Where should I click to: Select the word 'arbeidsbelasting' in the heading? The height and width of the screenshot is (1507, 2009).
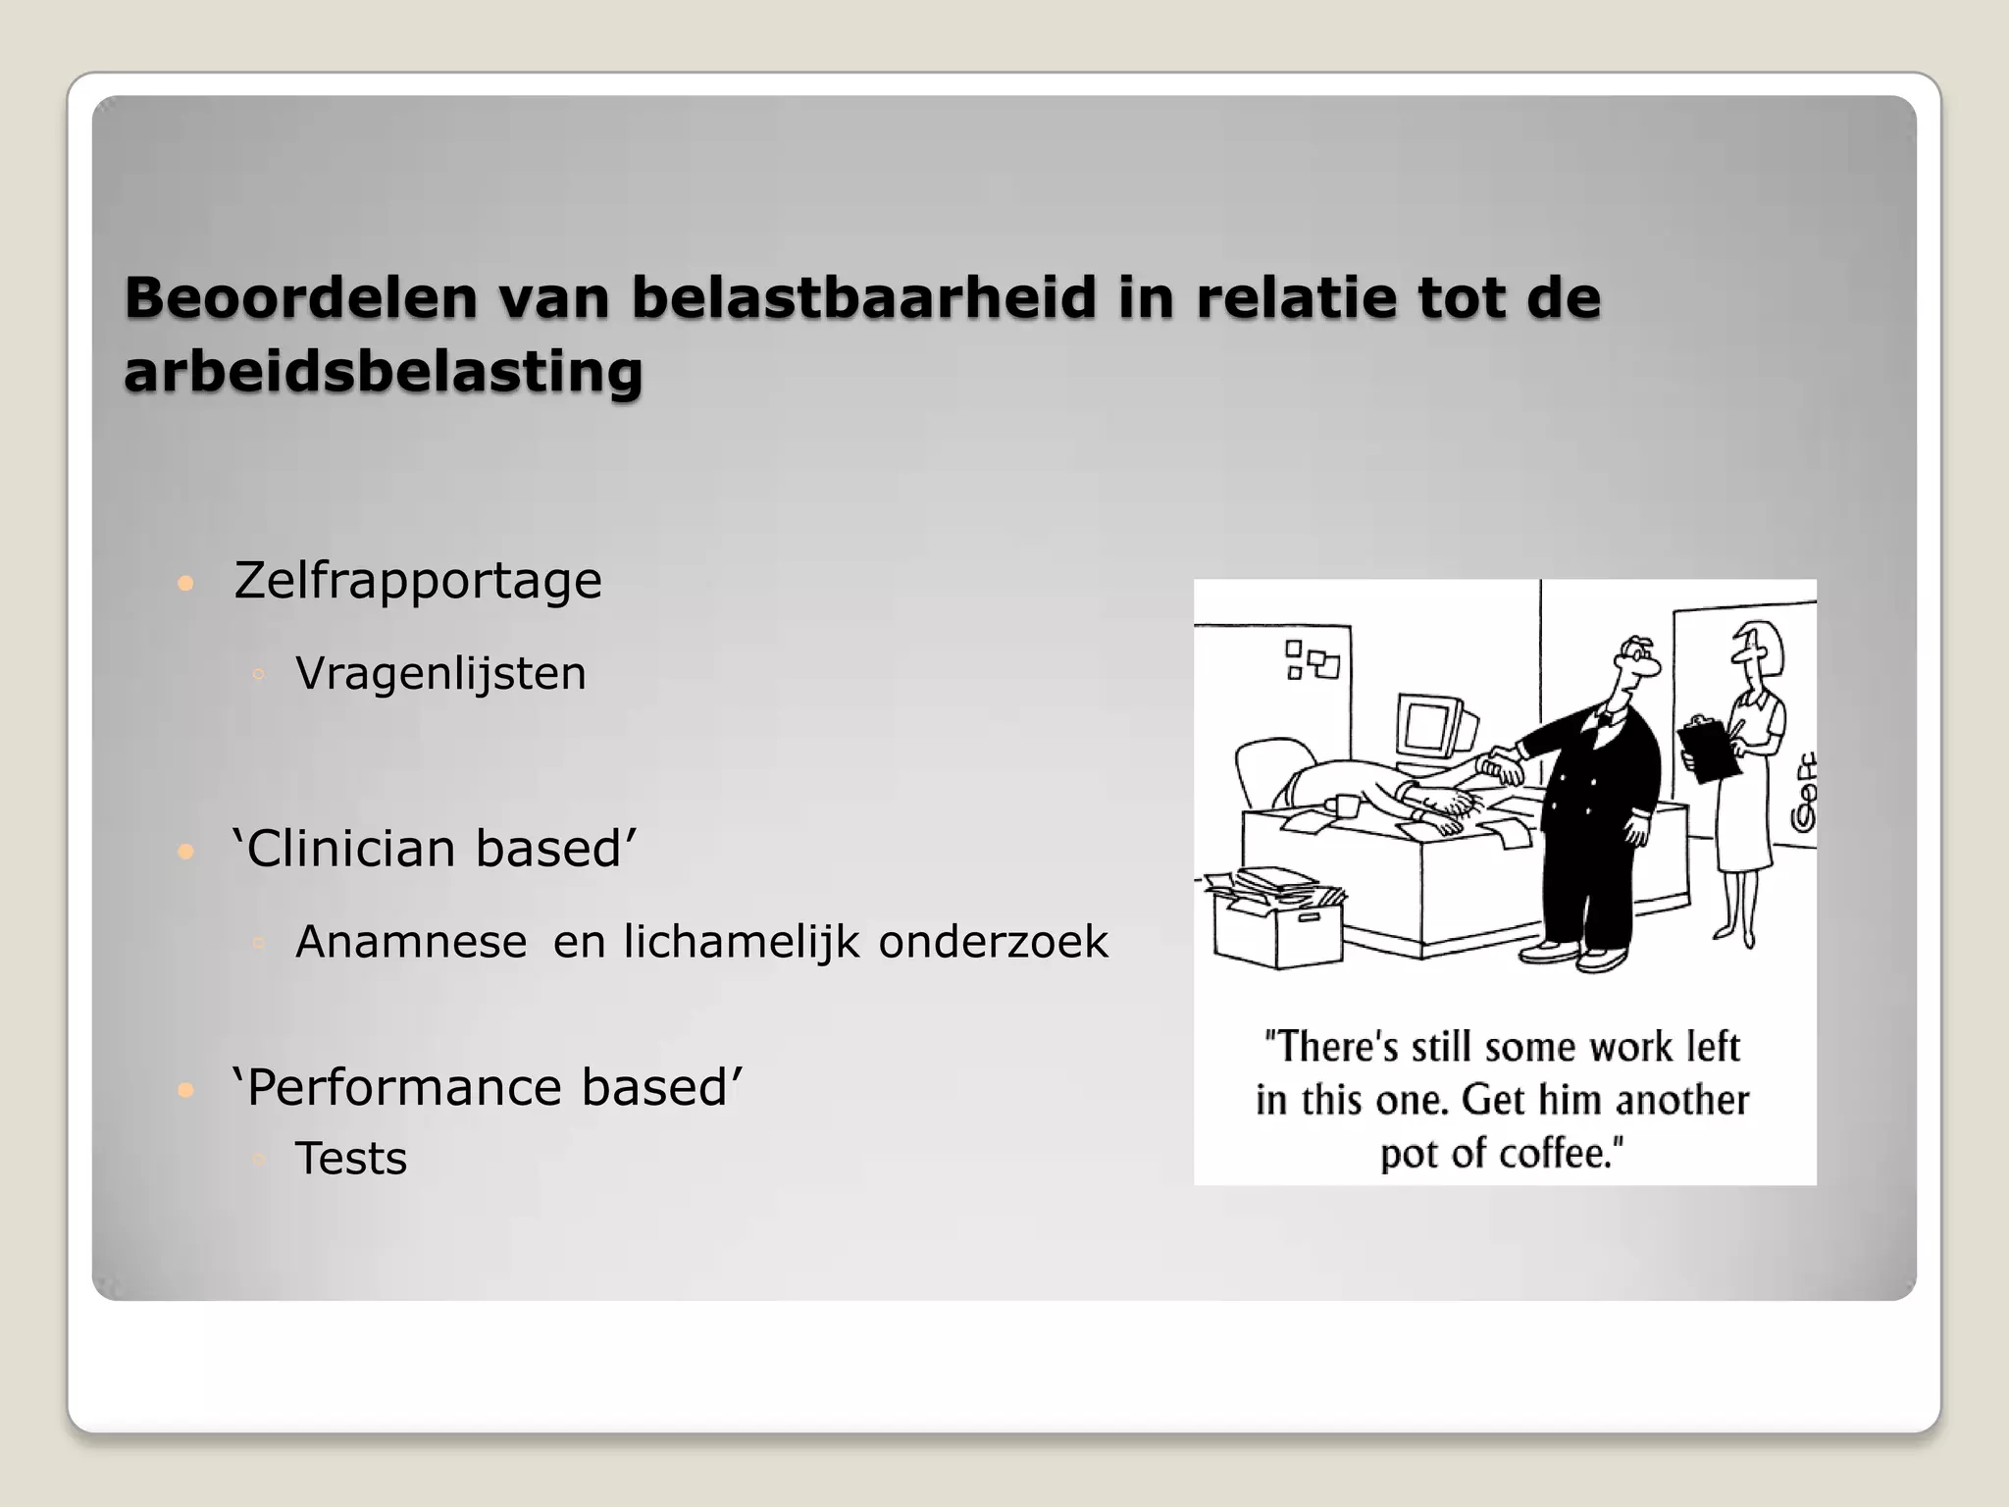click(383, 372)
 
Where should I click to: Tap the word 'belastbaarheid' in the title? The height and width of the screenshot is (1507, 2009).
click(862, 297)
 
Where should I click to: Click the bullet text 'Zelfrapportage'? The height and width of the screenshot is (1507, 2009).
click(417, 580)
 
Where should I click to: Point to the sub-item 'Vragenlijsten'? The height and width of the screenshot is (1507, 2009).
click(440, 673)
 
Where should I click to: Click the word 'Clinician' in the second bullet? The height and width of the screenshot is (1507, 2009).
click(349, 848)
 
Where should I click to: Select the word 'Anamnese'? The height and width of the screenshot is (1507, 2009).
click(411, 942)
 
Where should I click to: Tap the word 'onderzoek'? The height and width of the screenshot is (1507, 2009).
click(993, 942)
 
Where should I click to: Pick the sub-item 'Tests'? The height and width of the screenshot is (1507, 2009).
click(350, 1159)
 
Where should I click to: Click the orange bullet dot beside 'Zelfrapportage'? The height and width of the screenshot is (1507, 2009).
click(184, 585)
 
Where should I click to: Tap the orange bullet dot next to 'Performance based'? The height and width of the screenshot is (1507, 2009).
click(184, 1091)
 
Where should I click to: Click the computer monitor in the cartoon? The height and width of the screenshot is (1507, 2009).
click(1435, 731)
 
